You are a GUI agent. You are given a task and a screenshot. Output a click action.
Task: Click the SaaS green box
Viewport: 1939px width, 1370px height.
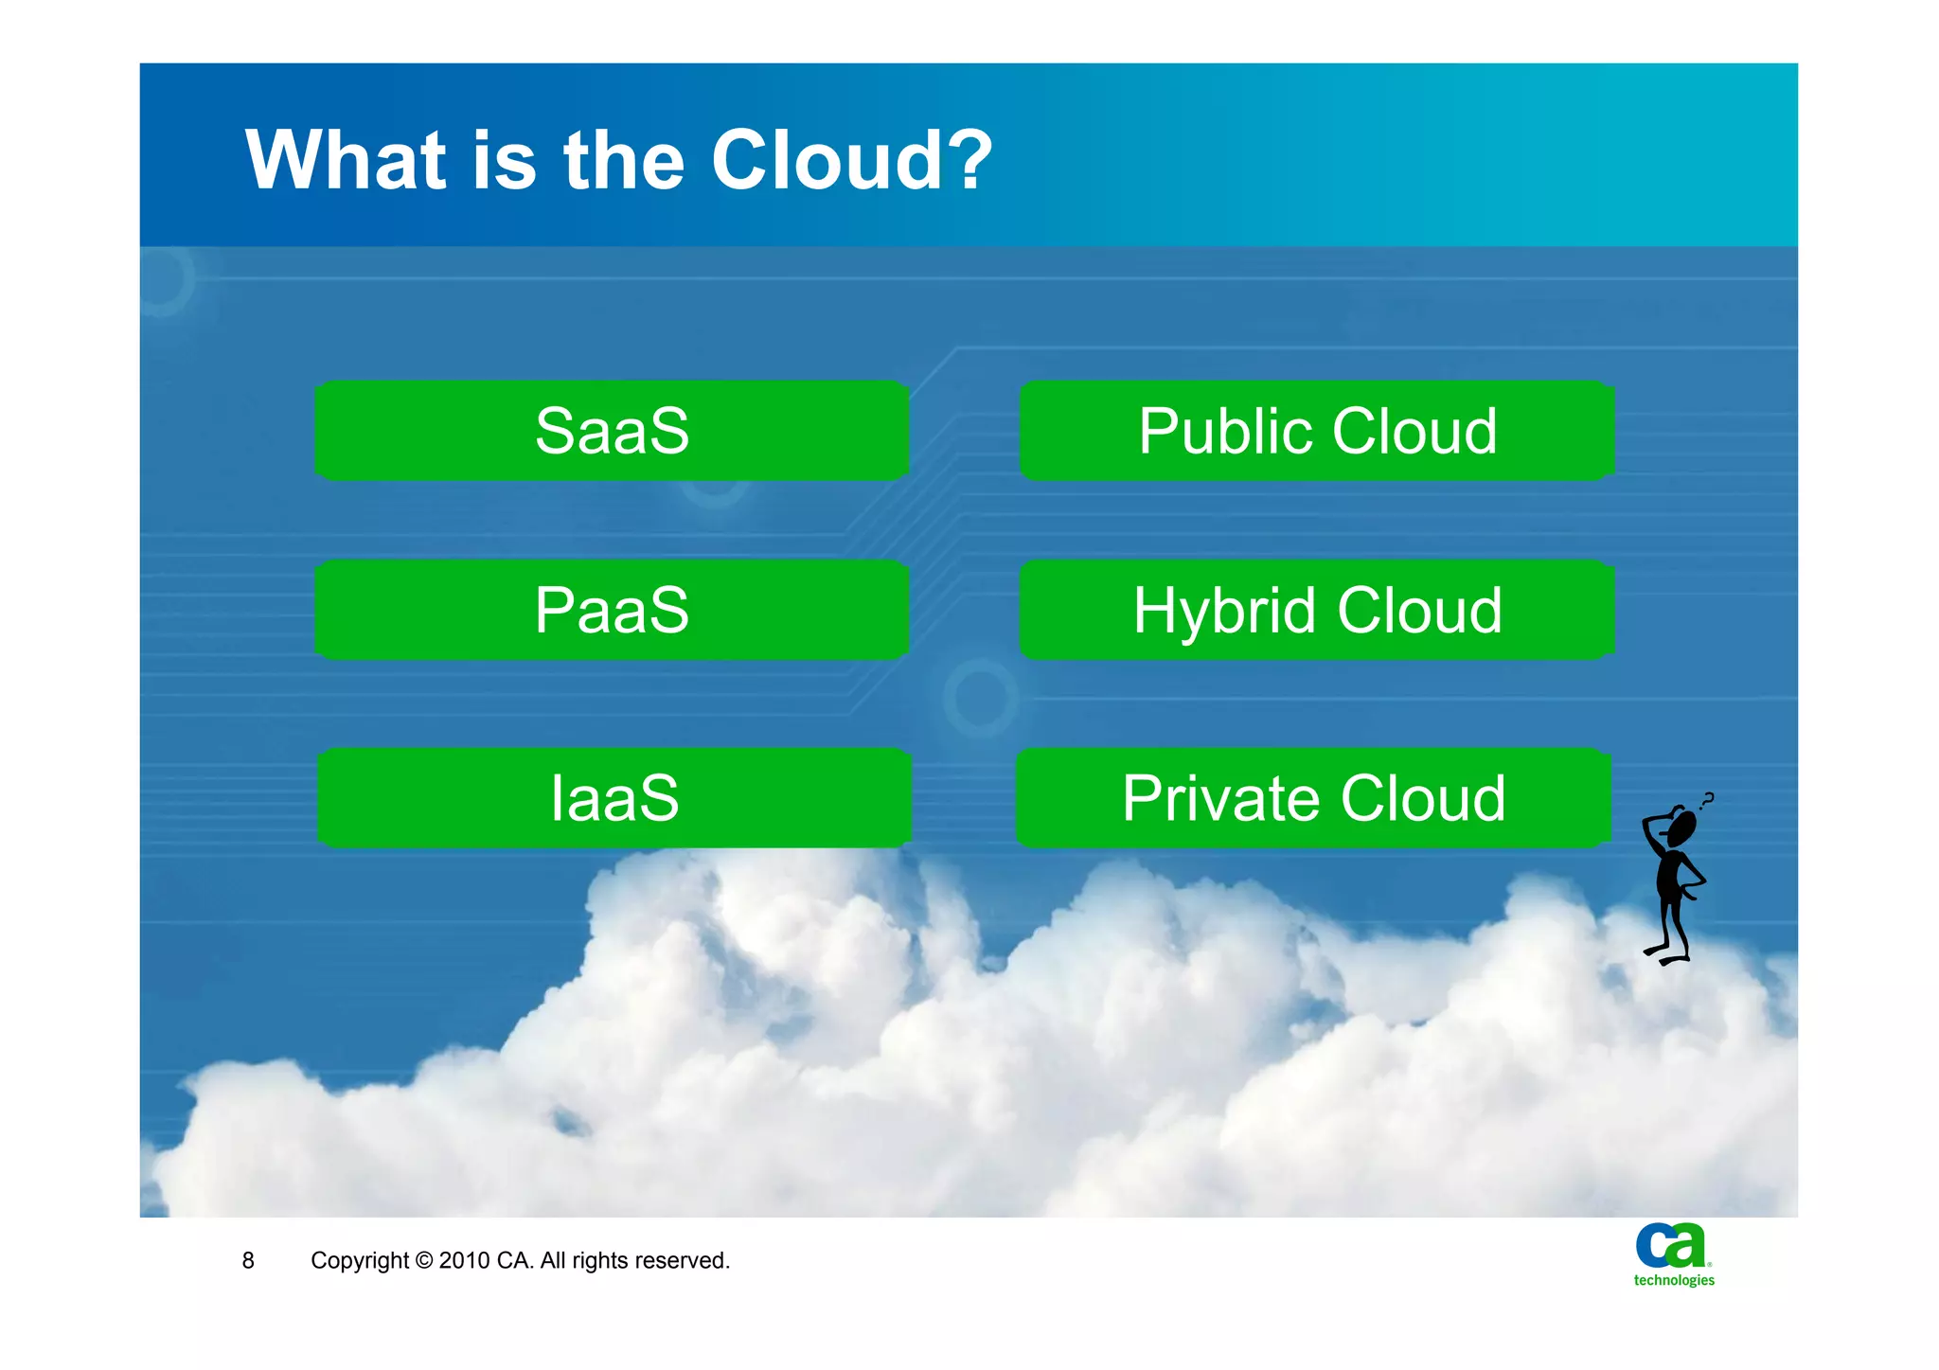[612, 431]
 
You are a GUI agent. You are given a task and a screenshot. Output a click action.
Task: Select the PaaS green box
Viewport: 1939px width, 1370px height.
[612, 610]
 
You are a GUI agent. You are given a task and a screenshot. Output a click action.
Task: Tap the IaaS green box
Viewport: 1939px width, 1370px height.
[614, 797]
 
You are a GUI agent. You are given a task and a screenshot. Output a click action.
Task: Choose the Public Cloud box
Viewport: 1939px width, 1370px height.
[1317, 431]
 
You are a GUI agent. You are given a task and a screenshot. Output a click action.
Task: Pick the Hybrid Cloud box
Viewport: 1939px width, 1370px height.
[1317, 610]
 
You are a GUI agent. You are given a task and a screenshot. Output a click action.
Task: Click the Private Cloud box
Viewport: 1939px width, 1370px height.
[1313, 797]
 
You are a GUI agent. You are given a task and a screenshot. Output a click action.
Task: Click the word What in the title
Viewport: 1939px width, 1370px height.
[346, 160]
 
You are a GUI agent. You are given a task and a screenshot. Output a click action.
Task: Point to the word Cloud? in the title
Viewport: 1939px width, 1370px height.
[852, 160]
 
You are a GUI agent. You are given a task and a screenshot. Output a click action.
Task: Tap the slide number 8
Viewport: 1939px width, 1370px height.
[248, 1260]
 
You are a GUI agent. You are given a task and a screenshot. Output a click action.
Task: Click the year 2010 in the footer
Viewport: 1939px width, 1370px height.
[464, 1260]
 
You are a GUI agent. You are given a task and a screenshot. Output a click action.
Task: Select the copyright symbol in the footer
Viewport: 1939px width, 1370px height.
[424, 1260]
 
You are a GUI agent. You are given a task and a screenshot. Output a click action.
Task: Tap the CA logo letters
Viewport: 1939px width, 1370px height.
[1671, 1245]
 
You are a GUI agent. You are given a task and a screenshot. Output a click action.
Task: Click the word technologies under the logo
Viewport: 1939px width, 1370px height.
[1674, 1280]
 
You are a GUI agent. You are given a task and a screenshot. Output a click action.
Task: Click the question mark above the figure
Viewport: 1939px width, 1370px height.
[1707, 800]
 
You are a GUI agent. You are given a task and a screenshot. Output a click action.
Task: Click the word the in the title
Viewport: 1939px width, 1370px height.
[624, 160]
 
